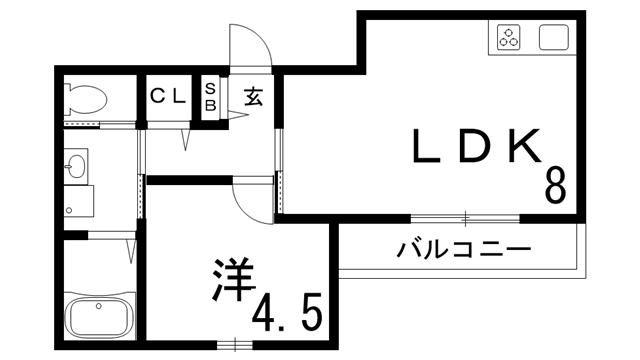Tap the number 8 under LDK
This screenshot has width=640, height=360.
(x=555, y=186)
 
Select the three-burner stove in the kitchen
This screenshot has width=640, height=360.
(x=509, y=39)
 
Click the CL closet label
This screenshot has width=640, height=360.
(x=168, y=97)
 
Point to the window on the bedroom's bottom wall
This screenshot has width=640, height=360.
(x=236, y=346)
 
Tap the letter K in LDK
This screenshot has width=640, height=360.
(x=526, y=148)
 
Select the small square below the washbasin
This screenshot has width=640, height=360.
(x=78, y=201)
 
